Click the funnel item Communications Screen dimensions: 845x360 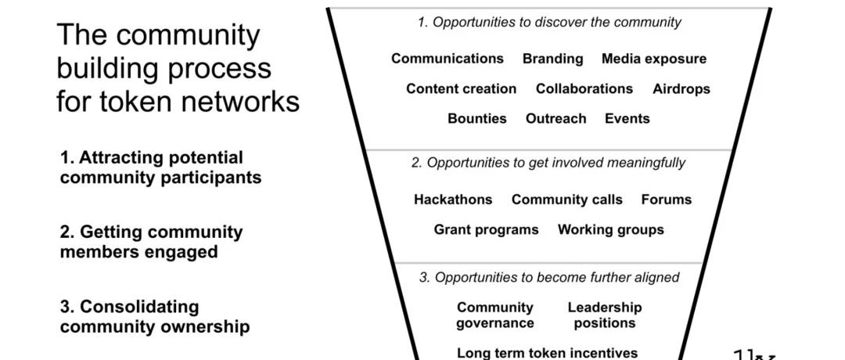click(448, 59)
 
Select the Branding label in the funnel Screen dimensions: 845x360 click(553, 59)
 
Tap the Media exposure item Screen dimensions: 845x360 click(653, 59)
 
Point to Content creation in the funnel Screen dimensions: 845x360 click(462, 89)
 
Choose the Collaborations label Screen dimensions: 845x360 click(584, 89)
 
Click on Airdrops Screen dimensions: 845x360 click(681, 89)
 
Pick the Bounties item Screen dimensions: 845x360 click(477, 118)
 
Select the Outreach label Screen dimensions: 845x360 click(556, 118)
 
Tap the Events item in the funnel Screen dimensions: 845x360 click(627, 118)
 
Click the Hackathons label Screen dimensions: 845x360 click(453, 200)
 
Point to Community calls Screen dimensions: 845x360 click(567, 200)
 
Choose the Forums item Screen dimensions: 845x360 click(666, 200)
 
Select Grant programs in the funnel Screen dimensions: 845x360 click(486, 230)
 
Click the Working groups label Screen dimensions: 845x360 click(610, 230)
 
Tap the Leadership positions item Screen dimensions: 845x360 click(605, 315)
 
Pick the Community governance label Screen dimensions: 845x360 click(495, 315)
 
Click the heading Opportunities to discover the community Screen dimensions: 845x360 click(548, 23)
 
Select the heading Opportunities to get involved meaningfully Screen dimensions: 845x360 click(548, 163)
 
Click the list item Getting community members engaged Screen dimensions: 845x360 click(152, 242)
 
